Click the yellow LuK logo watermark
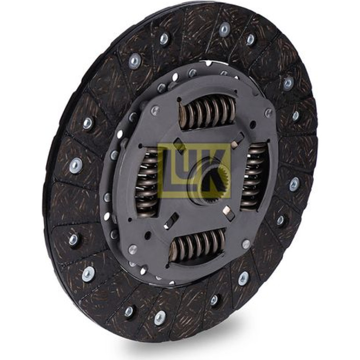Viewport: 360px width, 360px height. [194, 171]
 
